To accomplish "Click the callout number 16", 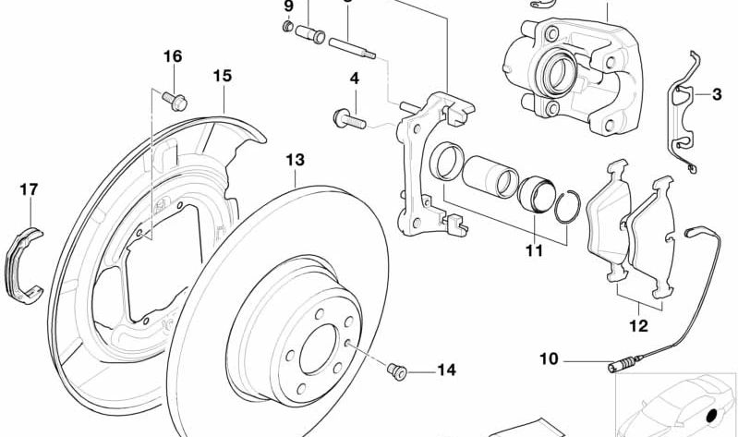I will (173, 56).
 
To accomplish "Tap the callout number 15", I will (222, 76).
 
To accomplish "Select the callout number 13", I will (294, 160).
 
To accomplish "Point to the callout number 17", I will (29, 190).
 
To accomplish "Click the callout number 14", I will (446, 370).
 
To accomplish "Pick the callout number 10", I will (549, 358).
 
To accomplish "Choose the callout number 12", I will (638, 325).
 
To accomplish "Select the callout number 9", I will (288, 6).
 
